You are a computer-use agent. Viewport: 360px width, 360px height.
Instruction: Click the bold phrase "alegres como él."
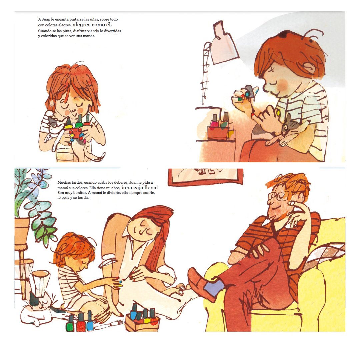pos(92,25)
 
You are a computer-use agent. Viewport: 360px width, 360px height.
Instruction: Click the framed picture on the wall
pos(205,176)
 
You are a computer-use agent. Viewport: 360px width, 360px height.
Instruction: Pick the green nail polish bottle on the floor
pos(70,324)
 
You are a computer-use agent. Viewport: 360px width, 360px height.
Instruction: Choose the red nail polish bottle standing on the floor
pos(81,323)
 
